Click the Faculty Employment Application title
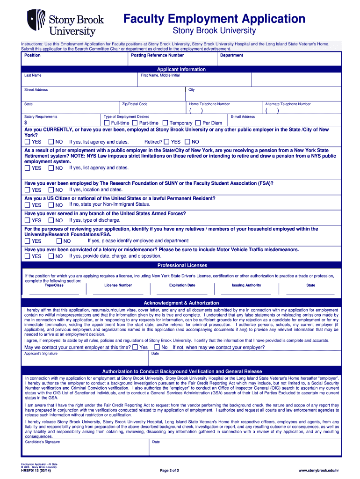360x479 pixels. pos(214,19)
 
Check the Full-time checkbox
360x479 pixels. pos(107,123)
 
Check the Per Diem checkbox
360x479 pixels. pos(198,123)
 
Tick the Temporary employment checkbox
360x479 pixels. pos(165,123)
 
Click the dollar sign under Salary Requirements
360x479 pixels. pos(26,123)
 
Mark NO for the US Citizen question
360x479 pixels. pos(51,205)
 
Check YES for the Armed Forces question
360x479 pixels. pos(27,220)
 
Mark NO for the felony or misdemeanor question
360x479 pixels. pos(51,256)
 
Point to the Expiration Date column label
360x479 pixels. pos(182,285)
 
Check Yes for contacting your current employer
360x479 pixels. pos(135,348)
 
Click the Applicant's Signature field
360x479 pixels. pos(85,359)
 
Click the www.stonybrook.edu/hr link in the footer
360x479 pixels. pos(318,470)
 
